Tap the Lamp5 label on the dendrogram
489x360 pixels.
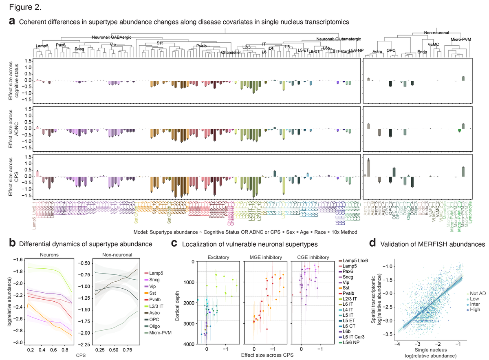coord(42,46)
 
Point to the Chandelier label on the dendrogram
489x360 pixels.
coord(231,52)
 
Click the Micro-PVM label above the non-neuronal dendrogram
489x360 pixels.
coord(461,40)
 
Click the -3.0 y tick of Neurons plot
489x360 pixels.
coord(18,342)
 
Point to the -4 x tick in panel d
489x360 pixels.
coord(397,344)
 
